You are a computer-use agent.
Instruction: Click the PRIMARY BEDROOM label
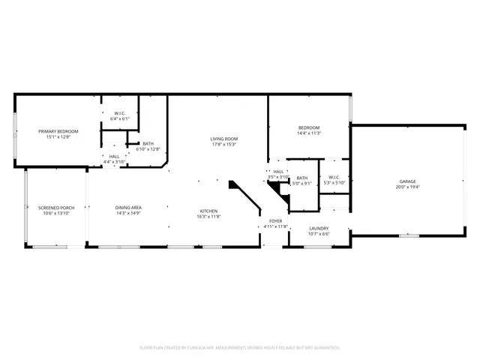coord(58,131)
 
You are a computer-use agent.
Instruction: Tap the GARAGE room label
coord(407,181)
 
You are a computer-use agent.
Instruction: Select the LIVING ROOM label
coord(223,139)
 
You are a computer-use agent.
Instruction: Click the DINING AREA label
coord(129,208)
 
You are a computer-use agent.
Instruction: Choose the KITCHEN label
coord(208,211)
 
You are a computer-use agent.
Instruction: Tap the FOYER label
coord(275,220)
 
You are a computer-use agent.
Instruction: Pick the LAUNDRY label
coord(319,229)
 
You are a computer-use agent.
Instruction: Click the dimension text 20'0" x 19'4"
coord(407,187)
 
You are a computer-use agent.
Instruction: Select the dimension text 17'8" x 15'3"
coord(223,144)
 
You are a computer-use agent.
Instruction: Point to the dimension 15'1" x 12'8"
coord(58,136)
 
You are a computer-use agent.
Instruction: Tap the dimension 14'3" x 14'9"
coord(129,213)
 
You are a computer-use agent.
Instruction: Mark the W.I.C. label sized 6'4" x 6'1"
coord(120,114)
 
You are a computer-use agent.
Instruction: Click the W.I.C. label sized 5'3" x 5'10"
coord(334,178)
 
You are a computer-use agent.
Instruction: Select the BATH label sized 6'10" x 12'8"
coord(148,144)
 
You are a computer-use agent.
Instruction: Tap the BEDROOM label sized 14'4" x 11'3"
coord(309,127)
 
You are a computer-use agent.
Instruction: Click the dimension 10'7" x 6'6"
coord(319,234)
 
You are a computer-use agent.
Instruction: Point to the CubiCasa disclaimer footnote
coord(240,348)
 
